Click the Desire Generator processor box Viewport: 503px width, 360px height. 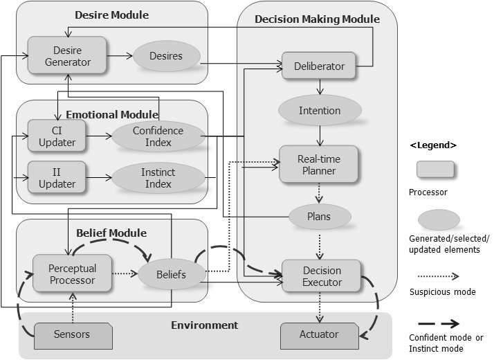pos(67,56)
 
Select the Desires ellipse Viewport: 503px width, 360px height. pos(165,56)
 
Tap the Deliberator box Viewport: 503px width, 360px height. pos(319,66)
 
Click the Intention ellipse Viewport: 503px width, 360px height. pos(319,110)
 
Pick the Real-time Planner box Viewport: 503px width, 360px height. pos(318,164)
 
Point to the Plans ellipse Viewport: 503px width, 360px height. pos(319,216)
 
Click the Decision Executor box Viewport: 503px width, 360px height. pos(322,276)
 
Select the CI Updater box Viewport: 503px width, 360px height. pos(57,136)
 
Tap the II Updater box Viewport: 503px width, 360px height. pos(57,177)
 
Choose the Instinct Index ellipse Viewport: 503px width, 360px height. pos(158,177)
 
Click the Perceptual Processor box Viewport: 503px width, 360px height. pos(73,274)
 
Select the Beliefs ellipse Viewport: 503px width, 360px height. pos(172,275)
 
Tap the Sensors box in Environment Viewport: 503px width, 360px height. pos(72,335)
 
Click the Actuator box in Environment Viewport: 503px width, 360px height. pos(319,334)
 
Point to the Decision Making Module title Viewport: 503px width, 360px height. pos(317,19)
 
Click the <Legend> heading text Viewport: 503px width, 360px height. pos(433,145)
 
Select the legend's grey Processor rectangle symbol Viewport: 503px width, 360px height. pos(435,170)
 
